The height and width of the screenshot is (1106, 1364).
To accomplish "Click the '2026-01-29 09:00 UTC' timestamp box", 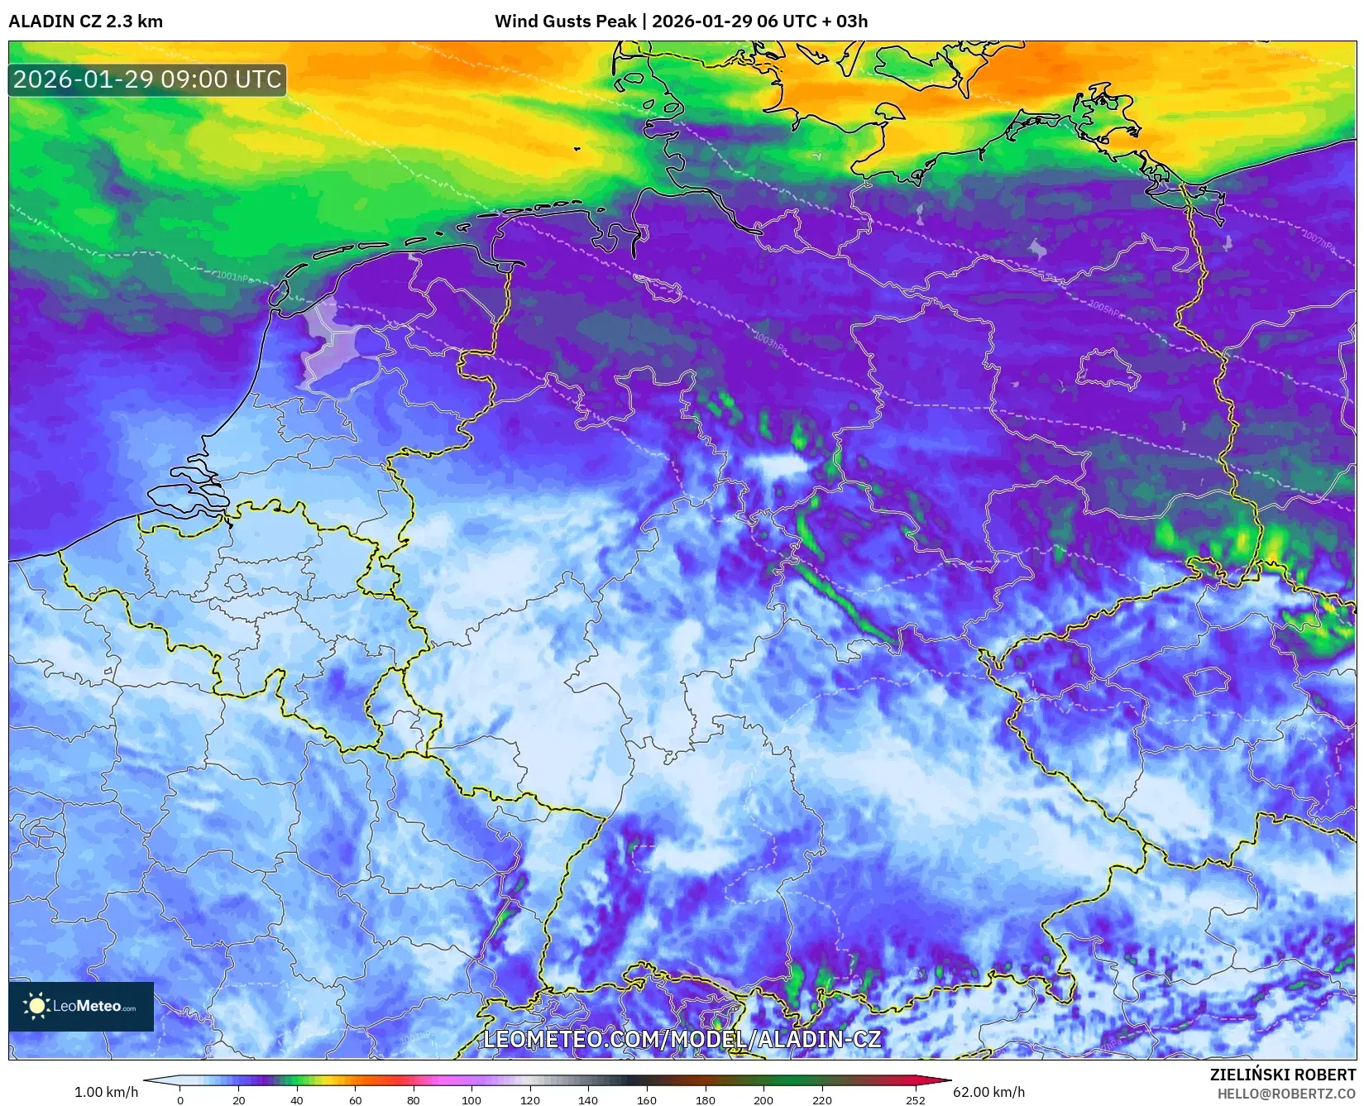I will point(147,79).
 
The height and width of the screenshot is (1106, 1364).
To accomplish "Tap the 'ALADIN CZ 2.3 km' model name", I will point(86,22).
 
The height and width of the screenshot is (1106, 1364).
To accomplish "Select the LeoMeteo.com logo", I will point(81,1006).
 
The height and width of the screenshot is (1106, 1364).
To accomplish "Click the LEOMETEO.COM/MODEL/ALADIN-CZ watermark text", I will point(682,1039).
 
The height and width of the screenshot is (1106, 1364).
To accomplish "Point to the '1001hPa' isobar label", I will point(234,277).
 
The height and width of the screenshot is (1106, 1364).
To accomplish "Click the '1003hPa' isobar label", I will point(770,340).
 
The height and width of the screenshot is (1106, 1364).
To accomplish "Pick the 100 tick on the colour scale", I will point(471,1099).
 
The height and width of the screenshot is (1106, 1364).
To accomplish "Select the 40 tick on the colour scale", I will point(297,1099).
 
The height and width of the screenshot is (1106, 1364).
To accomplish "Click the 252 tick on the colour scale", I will point(915,1099).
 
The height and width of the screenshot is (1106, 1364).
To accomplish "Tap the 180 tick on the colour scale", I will point(705,1099).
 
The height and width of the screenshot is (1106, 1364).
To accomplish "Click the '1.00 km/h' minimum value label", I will point(106,1092).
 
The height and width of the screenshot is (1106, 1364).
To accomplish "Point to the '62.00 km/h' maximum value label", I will point(988,1092).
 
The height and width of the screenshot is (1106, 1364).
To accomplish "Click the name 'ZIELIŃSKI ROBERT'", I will point(1283,1075).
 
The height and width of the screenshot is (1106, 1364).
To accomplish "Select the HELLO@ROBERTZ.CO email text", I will point(1286,1094).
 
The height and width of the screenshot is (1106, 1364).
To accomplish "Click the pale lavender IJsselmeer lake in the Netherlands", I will point(327,347).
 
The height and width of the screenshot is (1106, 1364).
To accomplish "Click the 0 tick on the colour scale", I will point(180,1099).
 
